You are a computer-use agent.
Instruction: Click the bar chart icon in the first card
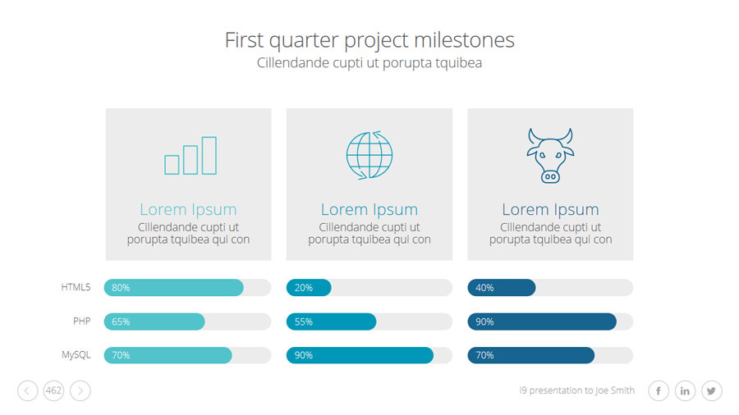[190, 156]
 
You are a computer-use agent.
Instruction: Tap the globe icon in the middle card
[369, 155]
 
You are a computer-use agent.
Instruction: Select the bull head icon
[550, 155]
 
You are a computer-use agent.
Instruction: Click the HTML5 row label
[76, 287]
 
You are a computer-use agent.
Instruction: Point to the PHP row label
[81, 321]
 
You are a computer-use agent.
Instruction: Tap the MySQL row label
[76, 355]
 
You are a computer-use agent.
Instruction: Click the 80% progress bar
[173, 288]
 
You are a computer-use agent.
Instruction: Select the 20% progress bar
[309, 288]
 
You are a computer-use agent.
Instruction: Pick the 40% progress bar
[502, 288]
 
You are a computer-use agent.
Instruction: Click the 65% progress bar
[154, 322]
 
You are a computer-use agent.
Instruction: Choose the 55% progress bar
[332, 322]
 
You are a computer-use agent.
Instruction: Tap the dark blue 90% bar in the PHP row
[542, 322]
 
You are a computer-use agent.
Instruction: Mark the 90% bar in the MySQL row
[360, 355]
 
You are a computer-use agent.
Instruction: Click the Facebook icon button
[659, 390]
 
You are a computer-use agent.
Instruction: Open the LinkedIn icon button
[685, 390]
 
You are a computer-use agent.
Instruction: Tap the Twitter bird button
[711, 390]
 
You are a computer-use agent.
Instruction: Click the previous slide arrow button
[27, 390]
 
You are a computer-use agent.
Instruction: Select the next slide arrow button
[80, 390]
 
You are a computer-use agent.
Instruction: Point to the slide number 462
[53, 390]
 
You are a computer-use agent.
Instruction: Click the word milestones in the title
[464, 40]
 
